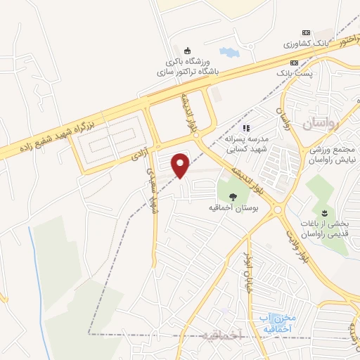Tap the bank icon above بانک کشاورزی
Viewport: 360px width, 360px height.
click(x=305, y=32)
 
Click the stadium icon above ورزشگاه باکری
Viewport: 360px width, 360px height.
click(x=187, y=50)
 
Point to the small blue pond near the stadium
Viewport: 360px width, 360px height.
click(x=229, y=52)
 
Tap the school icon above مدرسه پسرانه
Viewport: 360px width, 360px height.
click(x=246, y=128)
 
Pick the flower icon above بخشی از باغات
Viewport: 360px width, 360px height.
click(x=324, y=212)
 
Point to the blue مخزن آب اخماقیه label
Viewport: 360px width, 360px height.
click(x=276, y=323)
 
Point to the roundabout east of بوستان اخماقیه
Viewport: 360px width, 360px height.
click(x=278, y=209)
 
